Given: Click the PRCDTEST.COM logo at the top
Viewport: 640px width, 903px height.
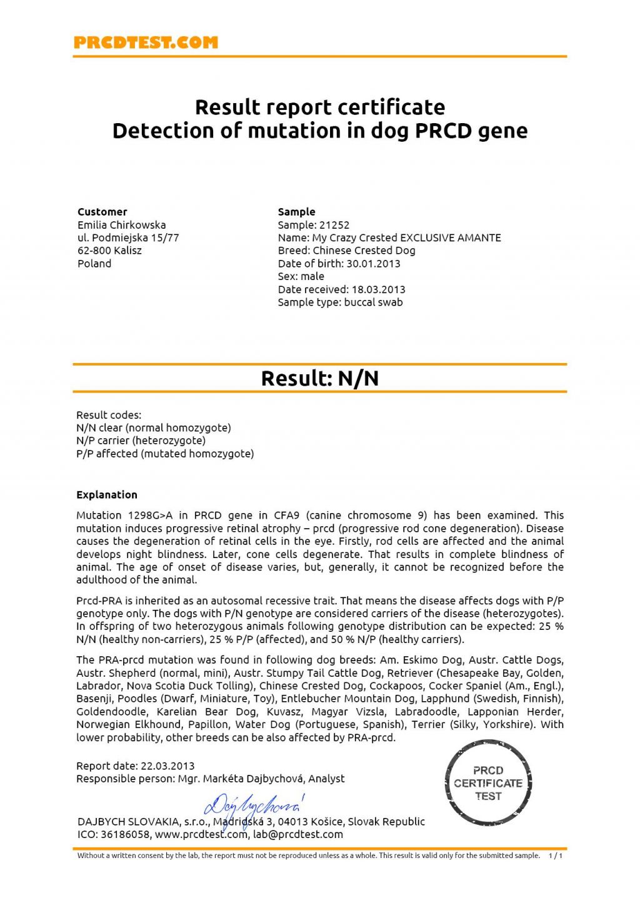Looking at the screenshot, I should tap(146, 42).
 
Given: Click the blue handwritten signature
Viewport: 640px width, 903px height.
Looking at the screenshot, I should tap(253, 807).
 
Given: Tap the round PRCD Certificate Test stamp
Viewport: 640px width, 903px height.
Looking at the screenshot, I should tap(488, 784).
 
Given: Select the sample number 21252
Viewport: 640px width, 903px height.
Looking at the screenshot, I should tap(334, 225).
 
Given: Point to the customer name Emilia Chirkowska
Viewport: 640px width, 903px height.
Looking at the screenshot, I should tap(122, 225).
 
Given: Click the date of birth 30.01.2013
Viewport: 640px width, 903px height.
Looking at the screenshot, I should tap(373, 264).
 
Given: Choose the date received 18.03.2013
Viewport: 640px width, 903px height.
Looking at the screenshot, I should tap(378, 289).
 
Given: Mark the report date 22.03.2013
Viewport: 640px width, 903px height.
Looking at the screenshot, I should tap(167, 766).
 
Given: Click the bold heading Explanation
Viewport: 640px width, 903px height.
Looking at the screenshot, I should tap(107, 495).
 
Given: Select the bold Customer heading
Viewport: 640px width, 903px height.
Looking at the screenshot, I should tap(102, 212).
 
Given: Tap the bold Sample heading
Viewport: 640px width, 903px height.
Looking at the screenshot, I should tap(297, 212).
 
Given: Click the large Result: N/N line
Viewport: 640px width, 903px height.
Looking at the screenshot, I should tap(320, 379).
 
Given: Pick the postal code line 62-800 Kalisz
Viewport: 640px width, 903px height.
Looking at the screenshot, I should tap(110, 251).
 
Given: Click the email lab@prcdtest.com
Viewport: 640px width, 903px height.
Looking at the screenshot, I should tap(298, 835).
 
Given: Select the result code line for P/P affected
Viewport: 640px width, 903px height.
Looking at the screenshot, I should tap(165, 454).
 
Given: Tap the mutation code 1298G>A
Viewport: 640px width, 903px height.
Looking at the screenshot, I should tap(150, 516).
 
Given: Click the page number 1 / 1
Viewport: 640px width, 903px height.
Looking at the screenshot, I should tap(556, 856).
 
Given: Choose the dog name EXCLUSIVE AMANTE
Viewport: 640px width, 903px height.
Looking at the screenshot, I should tap(451, 238).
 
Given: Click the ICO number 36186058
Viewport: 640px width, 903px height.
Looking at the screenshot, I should tap(126, 835).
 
